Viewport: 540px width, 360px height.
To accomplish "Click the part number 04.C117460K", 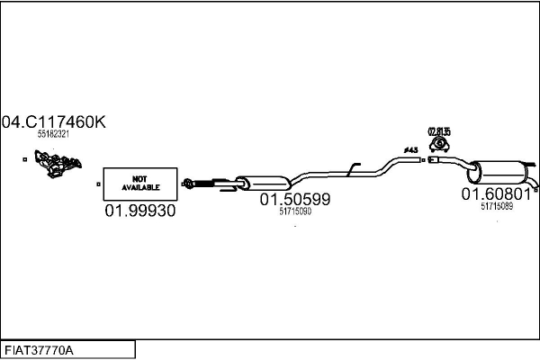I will [x=53, y=121].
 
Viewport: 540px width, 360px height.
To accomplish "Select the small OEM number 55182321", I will [x=53, y=133].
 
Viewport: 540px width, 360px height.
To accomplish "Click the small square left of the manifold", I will [x=24, y=159].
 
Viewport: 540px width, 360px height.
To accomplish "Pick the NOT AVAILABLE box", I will [x=139, y=184].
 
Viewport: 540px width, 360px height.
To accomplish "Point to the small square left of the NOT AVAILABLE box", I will [x=98, y=184].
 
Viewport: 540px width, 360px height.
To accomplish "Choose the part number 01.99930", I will [x=139, y=211].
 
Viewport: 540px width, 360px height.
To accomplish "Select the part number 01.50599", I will [x=295, y=200].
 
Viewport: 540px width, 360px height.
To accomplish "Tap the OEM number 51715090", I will [x=295, y=211].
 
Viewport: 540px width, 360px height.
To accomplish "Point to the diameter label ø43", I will [x=410, y=149].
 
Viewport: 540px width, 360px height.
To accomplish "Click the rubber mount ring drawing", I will [x=439, y=145].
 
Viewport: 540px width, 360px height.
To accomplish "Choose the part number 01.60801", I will [x=496, y=193].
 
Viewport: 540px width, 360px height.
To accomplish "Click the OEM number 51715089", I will [x=496, y=205].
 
